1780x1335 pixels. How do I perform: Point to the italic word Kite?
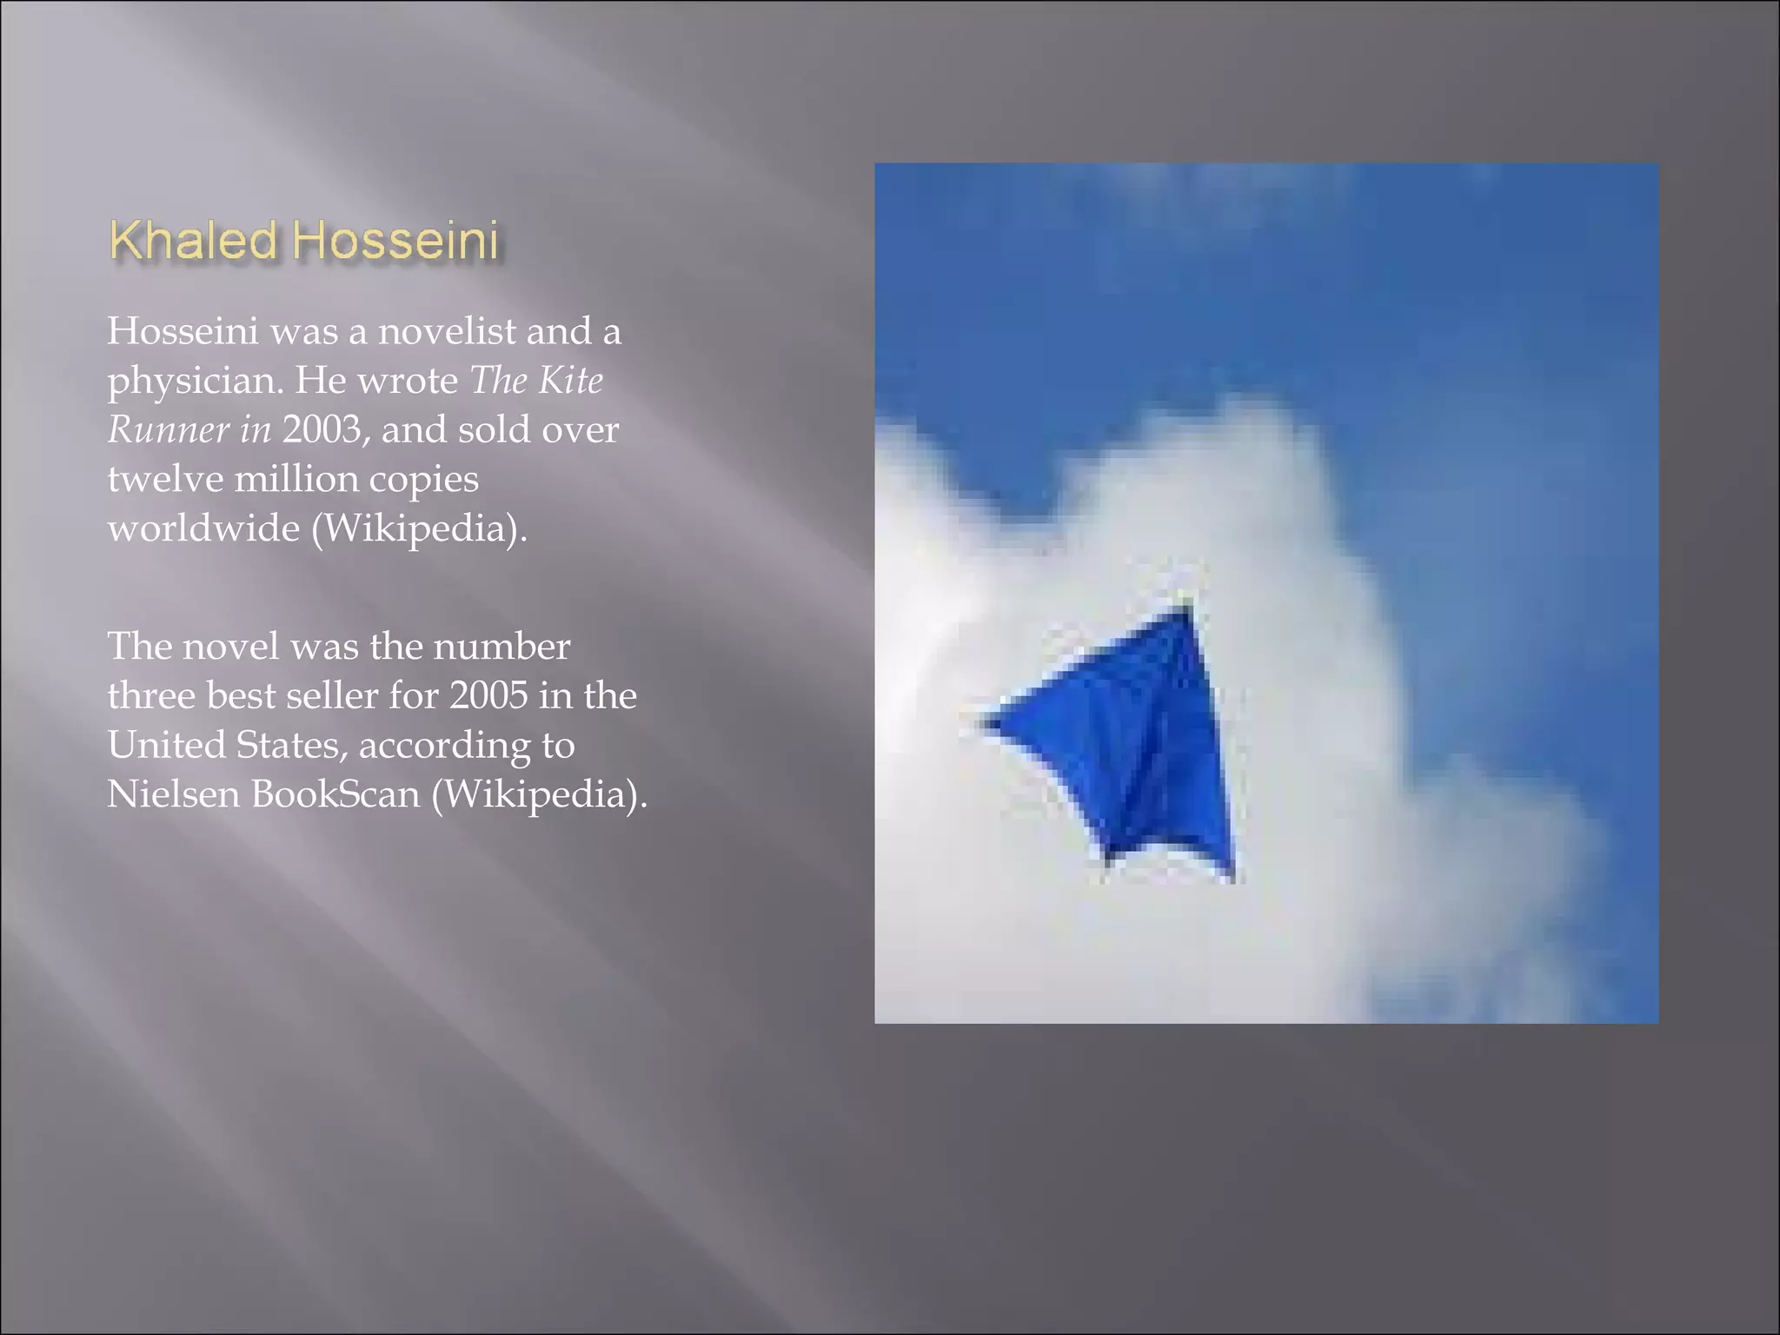click(570, 381)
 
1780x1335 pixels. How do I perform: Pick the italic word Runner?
click(169, 430)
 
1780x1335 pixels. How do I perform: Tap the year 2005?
click(488, 695)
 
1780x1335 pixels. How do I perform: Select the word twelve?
click(164, 479)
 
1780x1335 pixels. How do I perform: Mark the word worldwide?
click(203, 528)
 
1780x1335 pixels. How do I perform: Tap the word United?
click(166, 745)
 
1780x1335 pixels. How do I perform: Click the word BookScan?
click(335, 794)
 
